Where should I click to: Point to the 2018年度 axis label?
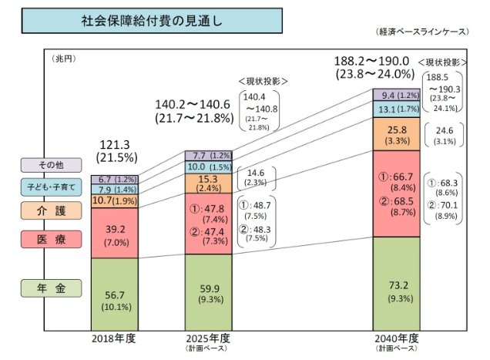(x=114, y=338)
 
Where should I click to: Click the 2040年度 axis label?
(x=398, y=338)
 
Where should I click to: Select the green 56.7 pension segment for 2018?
(x=114, y=294)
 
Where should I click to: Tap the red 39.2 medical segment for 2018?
(x=114, y=233)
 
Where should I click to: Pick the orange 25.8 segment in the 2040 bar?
(x=398, y=134)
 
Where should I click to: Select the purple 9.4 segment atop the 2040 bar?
(x=398, y=96)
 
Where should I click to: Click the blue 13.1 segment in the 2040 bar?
(x=398, y=110)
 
